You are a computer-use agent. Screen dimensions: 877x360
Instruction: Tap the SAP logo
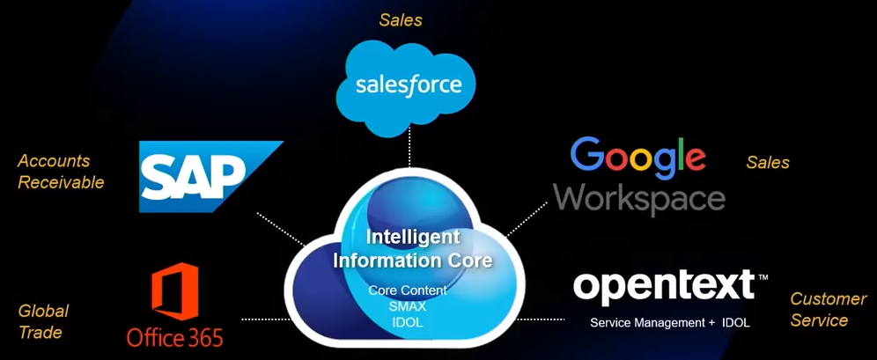(x=210, y=177)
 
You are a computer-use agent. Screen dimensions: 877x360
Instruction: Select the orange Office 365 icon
(x=174, y=291)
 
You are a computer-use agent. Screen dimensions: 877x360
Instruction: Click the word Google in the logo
(x=637, y=156)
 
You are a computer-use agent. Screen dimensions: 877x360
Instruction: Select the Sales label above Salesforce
(x=401, y=20)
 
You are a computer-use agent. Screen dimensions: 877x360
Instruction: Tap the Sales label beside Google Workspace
(x=768, y=163)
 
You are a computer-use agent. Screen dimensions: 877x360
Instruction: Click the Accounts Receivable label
(x=61, y=171)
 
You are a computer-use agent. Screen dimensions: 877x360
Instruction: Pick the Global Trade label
(x=43, y=321)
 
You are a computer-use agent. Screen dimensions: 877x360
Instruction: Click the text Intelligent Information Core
(x=413, y=248)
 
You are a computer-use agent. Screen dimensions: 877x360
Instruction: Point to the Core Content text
(x=407, y=290)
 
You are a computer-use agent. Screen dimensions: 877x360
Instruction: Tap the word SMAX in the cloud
(x=407, y=306)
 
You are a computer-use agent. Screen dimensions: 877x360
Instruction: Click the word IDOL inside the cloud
(x=407, y=322)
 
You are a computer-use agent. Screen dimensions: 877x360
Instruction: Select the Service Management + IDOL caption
(x=670, y=323)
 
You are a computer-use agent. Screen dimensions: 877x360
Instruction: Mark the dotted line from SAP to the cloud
(x=281, y=229)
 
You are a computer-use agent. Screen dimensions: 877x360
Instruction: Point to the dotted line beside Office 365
(x=266, y=320)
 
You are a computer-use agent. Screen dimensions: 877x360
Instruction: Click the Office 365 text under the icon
(x=174, y=338)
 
